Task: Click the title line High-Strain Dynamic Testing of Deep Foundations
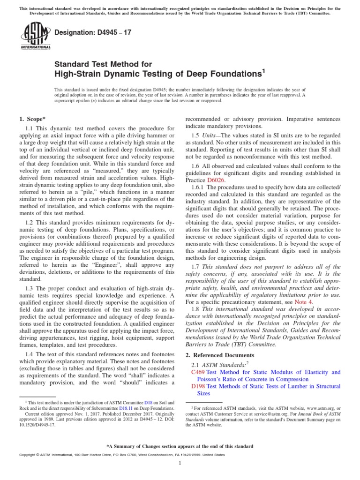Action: click(160, 74)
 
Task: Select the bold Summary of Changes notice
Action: click(180, 446)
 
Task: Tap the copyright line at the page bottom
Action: click(115, 455)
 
